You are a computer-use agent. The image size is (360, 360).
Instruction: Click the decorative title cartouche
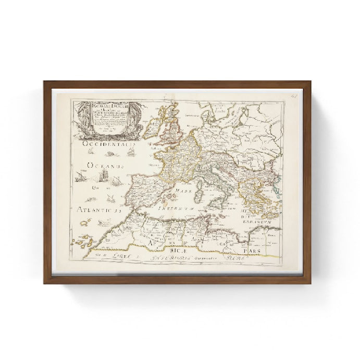click(x=108, y=117)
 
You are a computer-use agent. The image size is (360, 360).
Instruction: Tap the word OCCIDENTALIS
click(x=110, y=145)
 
